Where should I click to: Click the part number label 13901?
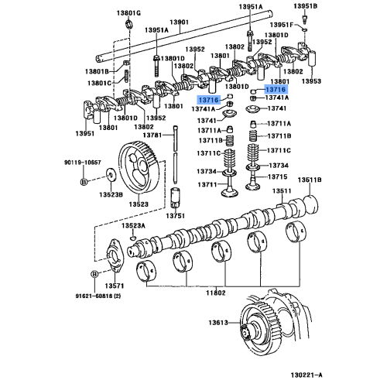(x=180, y=22)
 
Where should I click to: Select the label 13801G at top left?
(x=129, y=13)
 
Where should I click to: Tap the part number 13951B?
(x=307, y=7)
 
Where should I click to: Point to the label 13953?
(x=311, y=80)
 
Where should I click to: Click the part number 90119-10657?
(x=82, y=163)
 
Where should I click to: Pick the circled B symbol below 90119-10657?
(x=84, y=182)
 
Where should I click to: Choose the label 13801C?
(x=98, y=81)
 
